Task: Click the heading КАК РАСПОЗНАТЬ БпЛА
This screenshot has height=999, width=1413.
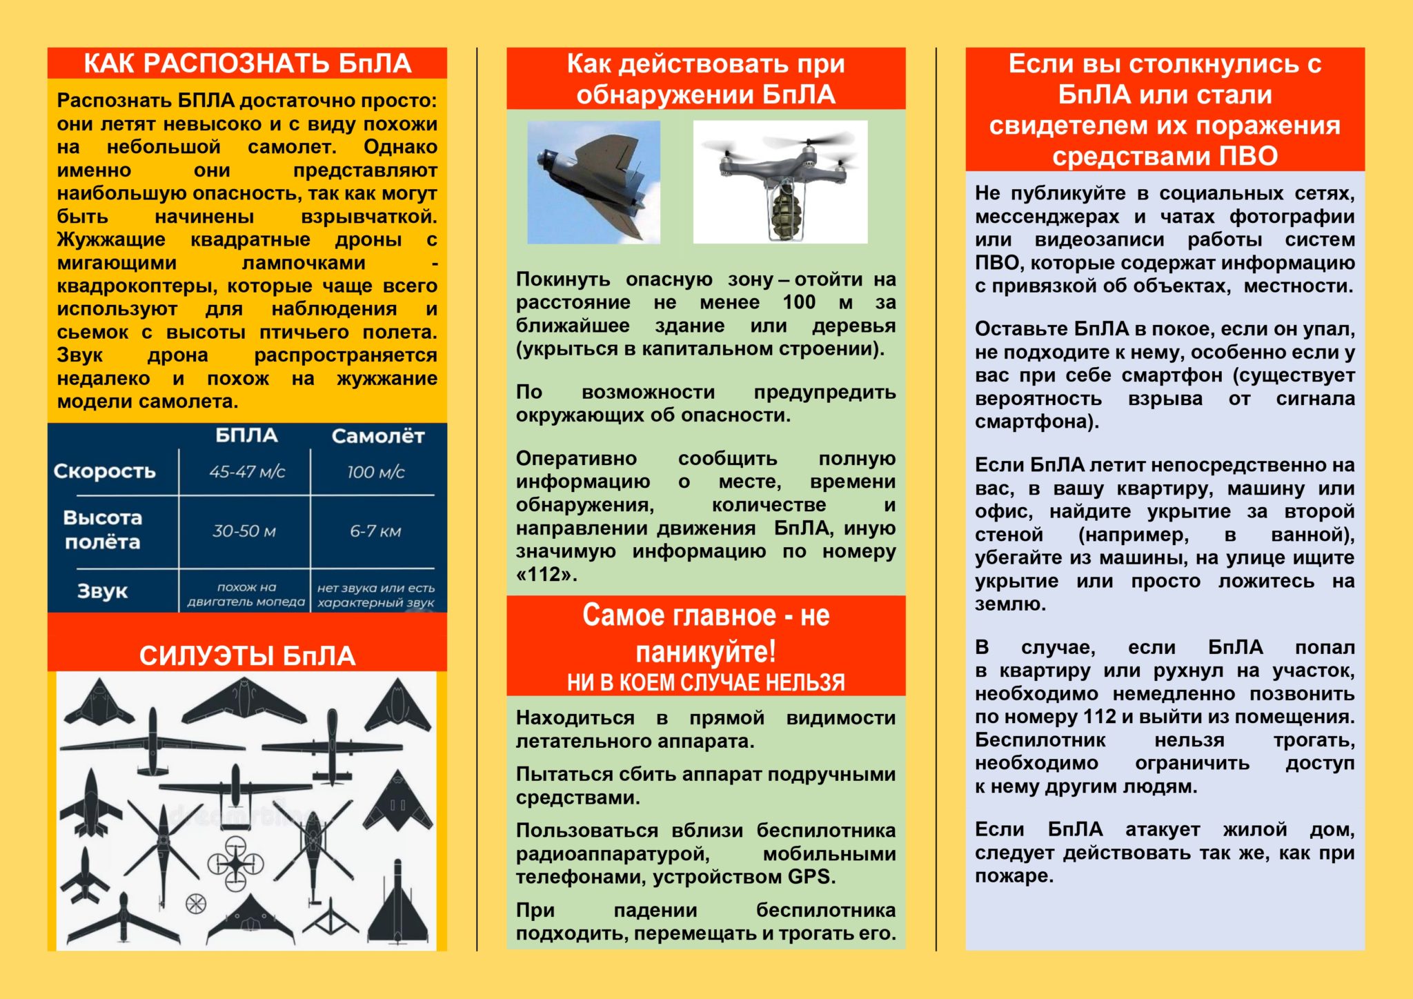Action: click(247, 63)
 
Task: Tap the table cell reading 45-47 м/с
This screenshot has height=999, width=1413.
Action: click(247, 472)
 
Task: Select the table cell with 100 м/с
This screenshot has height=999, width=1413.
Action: click(375, 472)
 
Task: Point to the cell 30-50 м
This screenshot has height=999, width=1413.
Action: click(244, 531)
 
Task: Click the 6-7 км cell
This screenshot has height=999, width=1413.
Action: click(375, 531)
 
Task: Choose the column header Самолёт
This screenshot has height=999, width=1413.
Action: click(377, 436)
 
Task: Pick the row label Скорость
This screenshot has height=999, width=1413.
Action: click(105, 471)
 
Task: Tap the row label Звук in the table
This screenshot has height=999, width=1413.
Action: click(102, 591)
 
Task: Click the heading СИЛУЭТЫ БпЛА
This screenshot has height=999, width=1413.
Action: click(247, 655)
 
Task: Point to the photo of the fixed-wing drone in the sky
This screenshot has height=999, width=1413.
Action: click(593, 182)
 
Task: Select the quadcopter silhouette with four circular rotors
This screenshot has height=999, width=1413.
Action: click(235, 863)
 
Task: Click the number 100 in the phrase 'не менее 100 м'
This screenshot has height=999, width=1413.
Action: click(799, 302)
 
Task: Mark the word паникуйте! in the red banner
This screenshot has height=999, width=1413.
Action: click(705, 651)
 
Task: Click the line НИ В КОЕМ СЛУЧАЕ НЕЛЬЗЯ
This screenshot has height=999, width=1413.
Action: click(705, 682)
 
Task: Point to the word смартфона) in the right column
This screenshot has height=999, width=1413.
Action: click(1036, 422)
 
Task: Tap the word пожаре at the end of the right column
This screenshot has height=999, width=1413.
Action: click(1012, 876)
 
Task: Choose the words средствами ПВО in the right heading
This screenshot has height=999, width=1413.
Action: click(1165, 157)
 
